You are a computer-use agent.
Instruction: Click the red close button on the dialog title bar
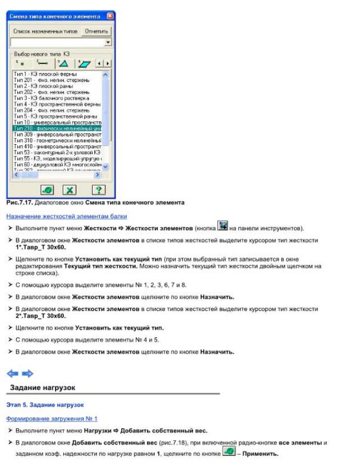pyautogui.click(x=110, y=16)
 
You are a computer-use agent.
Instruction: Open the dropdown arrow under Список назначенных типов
pyautogui.click(x=108, y=42)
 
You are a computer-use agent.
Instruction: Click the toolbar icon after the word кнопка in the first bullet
pyautogui.click(x=223, y=228)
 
